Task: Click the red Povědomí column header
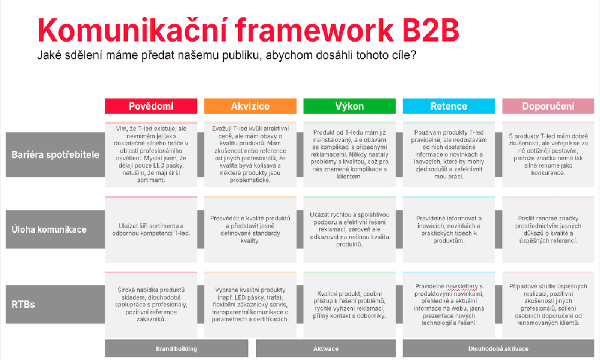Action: click(x=151, y=106)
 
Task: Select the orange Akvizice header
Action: click(x=250, y=106)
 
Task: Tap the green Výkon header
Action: click(x=349, y=106)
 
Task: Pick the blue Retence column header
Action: click(x=448, y=106)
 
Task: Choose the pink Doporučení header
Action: click(x=548, y=106)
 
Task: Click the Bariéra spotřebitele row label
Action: click(x=55, y=154)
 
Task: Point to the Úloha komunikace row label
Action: click(x=55, y=229)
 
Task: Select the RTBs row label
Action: click(x=55, y=304)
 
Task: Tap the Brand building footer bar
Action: click(x=176, y=348)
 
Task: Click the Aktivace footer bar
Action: click(x=325, y=348)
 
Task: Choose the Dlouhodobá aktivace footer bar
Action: click(x=498, y=348)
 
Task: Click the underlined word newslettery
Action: click(x=462, y=286)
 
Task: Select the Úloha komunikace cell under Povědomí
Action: click(x=151, y=229)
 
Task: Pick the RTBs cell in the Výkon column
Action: click(x=349, y=304)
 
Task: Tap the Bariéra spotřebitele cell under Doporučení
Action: click(x=548, y=154)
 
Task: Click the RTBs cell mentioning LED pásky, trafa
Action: click(x=250, y=304)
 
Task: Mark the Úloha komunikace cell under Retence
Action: click(x=448, y=229)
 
